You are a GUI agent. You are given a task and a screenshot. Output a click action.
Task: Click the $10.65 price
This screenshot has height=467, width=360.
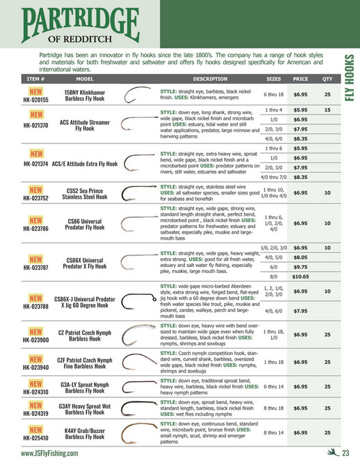click(301, 277)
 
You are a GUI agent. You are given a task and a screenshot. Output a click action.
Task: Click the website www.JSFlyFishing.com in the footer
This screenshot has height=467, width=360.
click(49, 453)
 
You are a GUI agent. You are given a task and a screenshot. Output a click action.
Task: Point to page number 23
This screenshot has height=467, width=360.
click(346, 453)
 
